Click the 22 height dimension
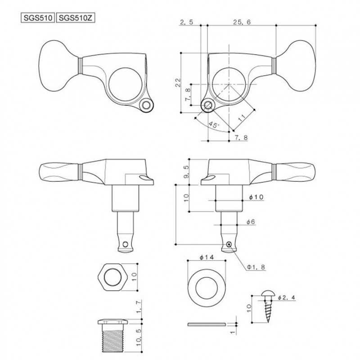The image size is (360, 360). click(178, 82)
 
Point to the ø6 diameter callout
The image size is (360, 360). click(251, 221)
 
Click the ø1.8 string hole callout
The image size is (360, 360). click(256, 266)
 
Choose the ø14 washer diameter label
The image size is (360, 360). click(206, 257)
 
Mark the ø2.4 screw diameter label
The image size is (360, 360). click(286, 298)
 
